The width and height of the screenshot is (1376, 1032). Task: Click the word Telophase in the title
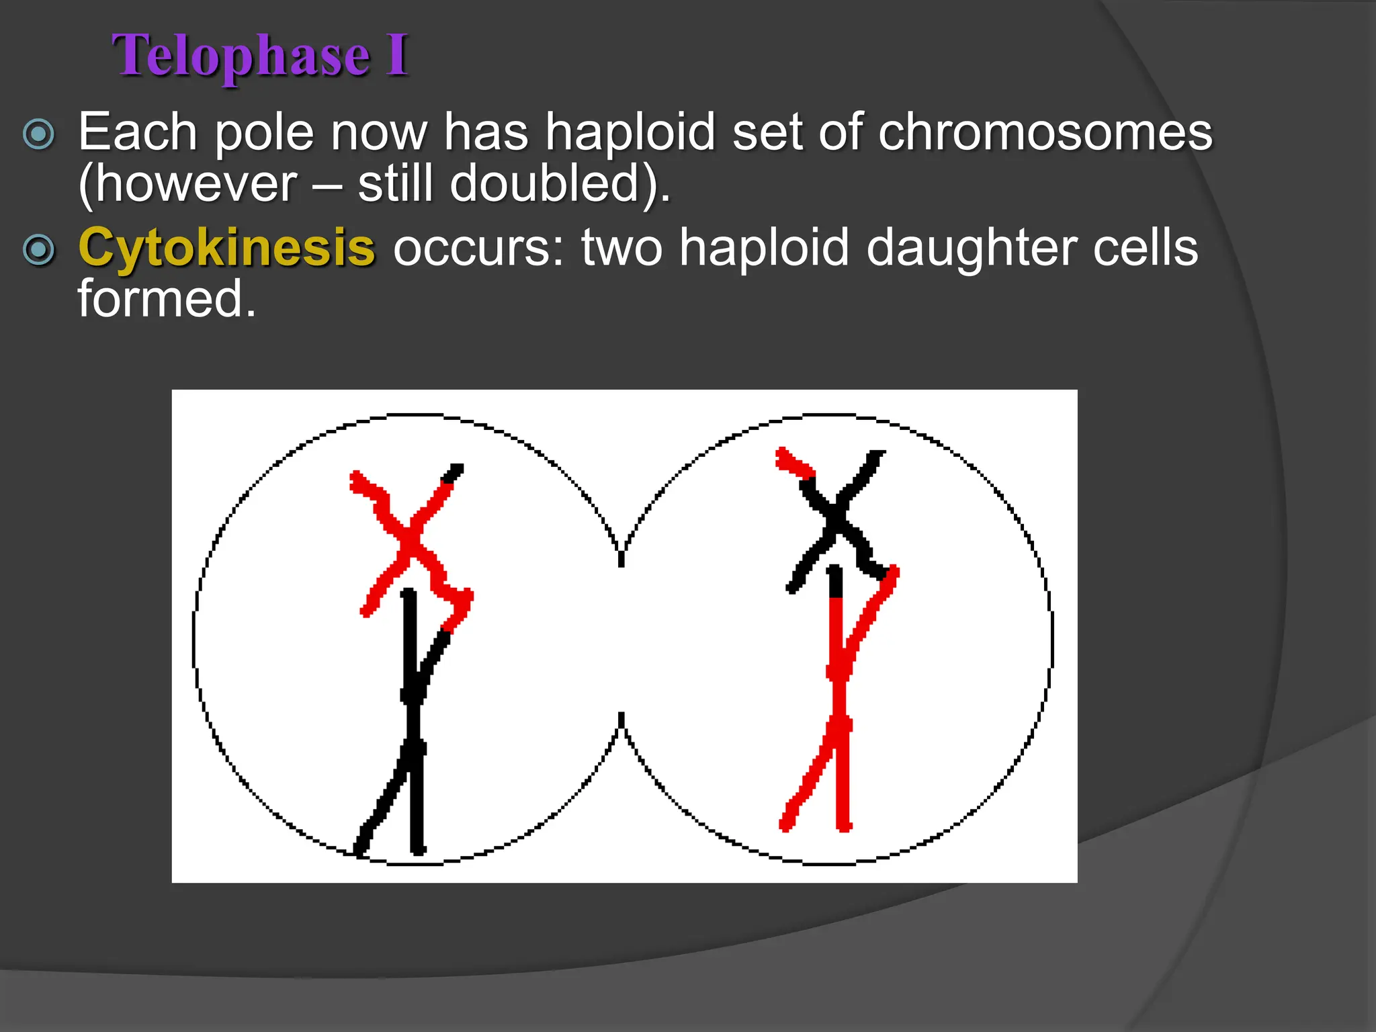(x=241, y=55)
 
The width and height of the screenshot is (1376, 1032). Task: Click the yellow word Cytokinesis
(x=226, y=247)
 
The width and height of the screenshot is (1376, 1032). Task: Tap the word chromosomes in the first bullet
(x=1045, y=132)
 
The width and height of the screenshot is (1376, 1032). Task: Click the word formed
(x=167, y=299)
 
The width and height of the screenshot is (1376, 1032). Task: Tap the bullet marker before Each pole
(x=38, y=134)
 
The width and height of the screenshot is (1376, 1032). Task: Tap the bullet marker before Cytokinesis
(x=38, y=250)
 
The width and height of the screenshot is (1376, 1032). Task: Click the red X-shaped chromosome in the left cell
(x=407, y=541)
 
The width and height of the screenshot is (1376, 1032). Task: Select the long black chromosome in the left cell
(x=412, y=726)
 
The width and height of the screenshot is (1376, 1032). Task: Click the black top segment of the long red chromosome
(x=835, y=582)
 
